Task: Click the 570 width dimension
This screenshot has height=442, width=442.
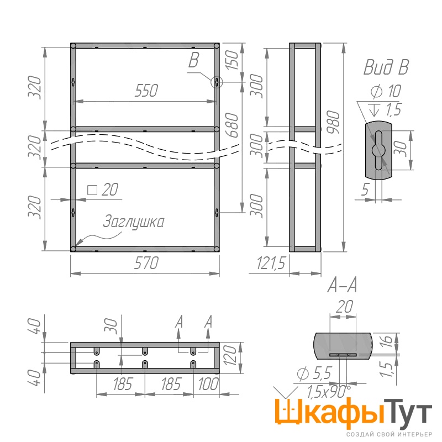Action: tap(146, 263)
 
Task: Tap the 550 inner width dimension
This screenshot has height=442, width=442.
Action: tap(146, 91)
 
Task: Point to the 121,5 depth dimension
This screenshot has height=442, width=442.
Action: tap(271, 264)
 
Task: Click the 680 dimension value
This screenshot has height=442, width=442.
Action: tap(232, 125)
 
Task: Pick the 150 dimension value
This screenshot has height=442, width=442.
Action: tap(232, 60)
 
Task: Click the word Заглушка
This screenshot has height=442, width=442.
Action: tap(133, 222)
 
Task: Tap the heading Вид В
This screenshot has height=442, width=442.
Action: tap(386, 67)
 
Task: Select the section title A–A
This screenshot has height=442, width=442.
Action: tap(342, 285)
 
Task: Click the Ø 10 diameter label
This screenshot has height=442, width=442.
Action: tap(386, 91)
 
